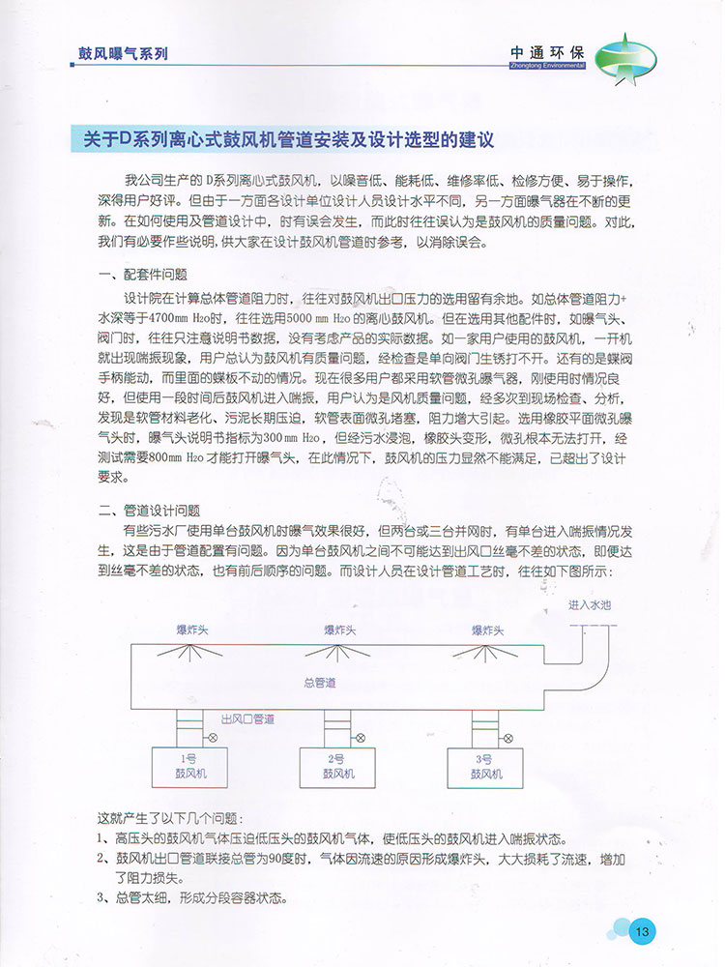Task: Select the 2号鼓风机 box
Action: pos(336,766)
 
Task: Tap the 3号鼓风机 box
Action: pos(486,766)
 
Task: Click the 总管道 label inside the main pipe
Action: pos(320,683)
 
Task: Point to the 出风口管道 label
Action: pos(248,719)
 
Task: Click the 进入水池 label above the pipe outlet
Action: pos(591,604)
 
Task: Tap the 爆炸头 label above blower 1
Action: pos(191,630)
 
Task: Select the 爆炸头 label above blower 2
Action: pos(339,630)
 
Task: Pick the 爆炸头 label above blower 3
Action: pos(488,630)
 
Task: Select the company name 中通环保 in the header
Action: pos(546,54)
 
